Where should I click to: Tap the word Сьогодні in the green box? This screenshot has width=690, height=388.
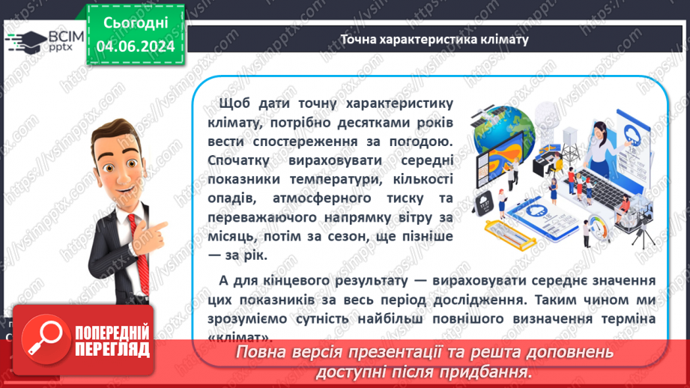tap(135, 24)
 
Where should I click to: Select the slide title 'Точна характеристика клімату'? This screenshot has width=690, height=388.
tap(435, 40)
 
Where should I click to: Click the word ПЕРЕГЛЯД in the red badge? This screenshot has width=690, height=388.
tap(112, 350)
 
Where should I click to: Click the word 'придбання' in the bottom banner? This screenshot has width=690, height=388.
tap(493, 372)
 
